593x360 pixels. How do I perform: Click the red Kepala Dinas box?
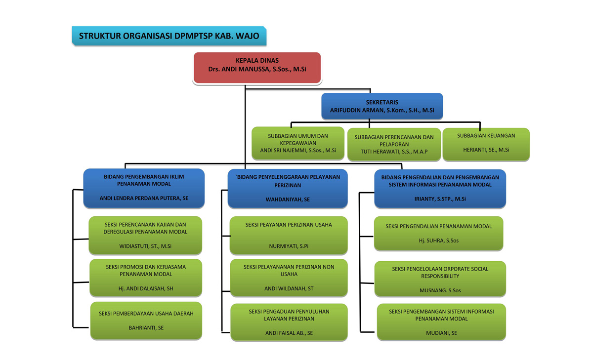(257, 68)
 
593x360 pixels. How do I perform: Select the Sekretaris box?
(382, 106)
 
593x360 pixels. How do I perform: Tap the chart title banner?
(169, 36)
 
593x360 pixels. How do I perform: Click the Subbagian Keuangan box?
(486, 144)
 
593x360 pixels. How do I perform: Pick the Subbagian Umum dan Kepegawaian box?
(298, 143)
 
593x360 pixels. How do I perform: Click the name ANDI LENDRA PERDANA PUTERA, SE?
(144, 198)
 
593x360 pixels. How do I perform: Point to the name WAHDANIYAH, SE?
(288, 200)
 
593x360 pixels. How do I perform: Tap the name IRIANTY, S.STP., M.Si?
(440, 199)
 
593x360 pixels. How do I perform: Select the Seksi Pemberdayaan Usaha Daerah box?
(146, 320)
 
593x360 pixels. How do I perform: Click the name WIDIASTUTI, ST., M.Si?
(145, 246)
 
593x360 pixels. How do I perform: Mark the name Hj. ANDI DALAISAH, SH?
(146, 288)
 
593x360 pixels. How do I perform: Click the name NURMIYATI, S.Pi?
(289, 246)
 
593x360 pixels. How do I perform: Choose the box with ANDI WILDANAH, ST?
(289, 278)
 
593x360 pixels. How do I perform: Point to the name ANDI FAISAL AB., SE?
(289, 333)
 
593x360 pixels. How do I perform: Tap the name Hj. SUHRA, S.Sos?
(439, 240)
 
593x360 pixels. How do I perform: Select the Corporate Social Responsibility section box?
(440, 279)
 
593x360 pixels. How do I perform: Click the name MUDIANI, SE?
(441, 333)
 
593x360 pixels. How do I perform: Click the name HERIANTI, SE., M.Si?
(486, 150)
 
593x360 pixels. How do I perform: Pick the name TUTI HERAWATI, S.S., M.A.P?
(394, 152)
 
